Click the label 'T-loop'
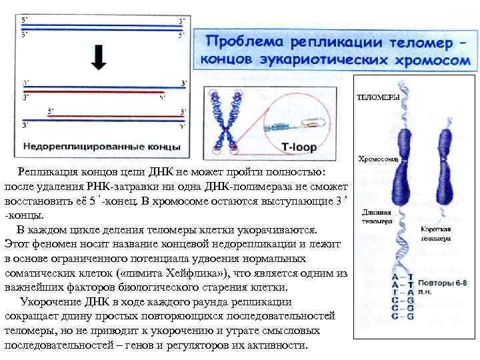click(298, 146)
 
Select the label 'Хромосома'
click(378, 159)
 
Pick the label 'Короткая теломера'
click(436, 233)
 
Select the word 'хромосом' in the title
click(429, 60)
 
